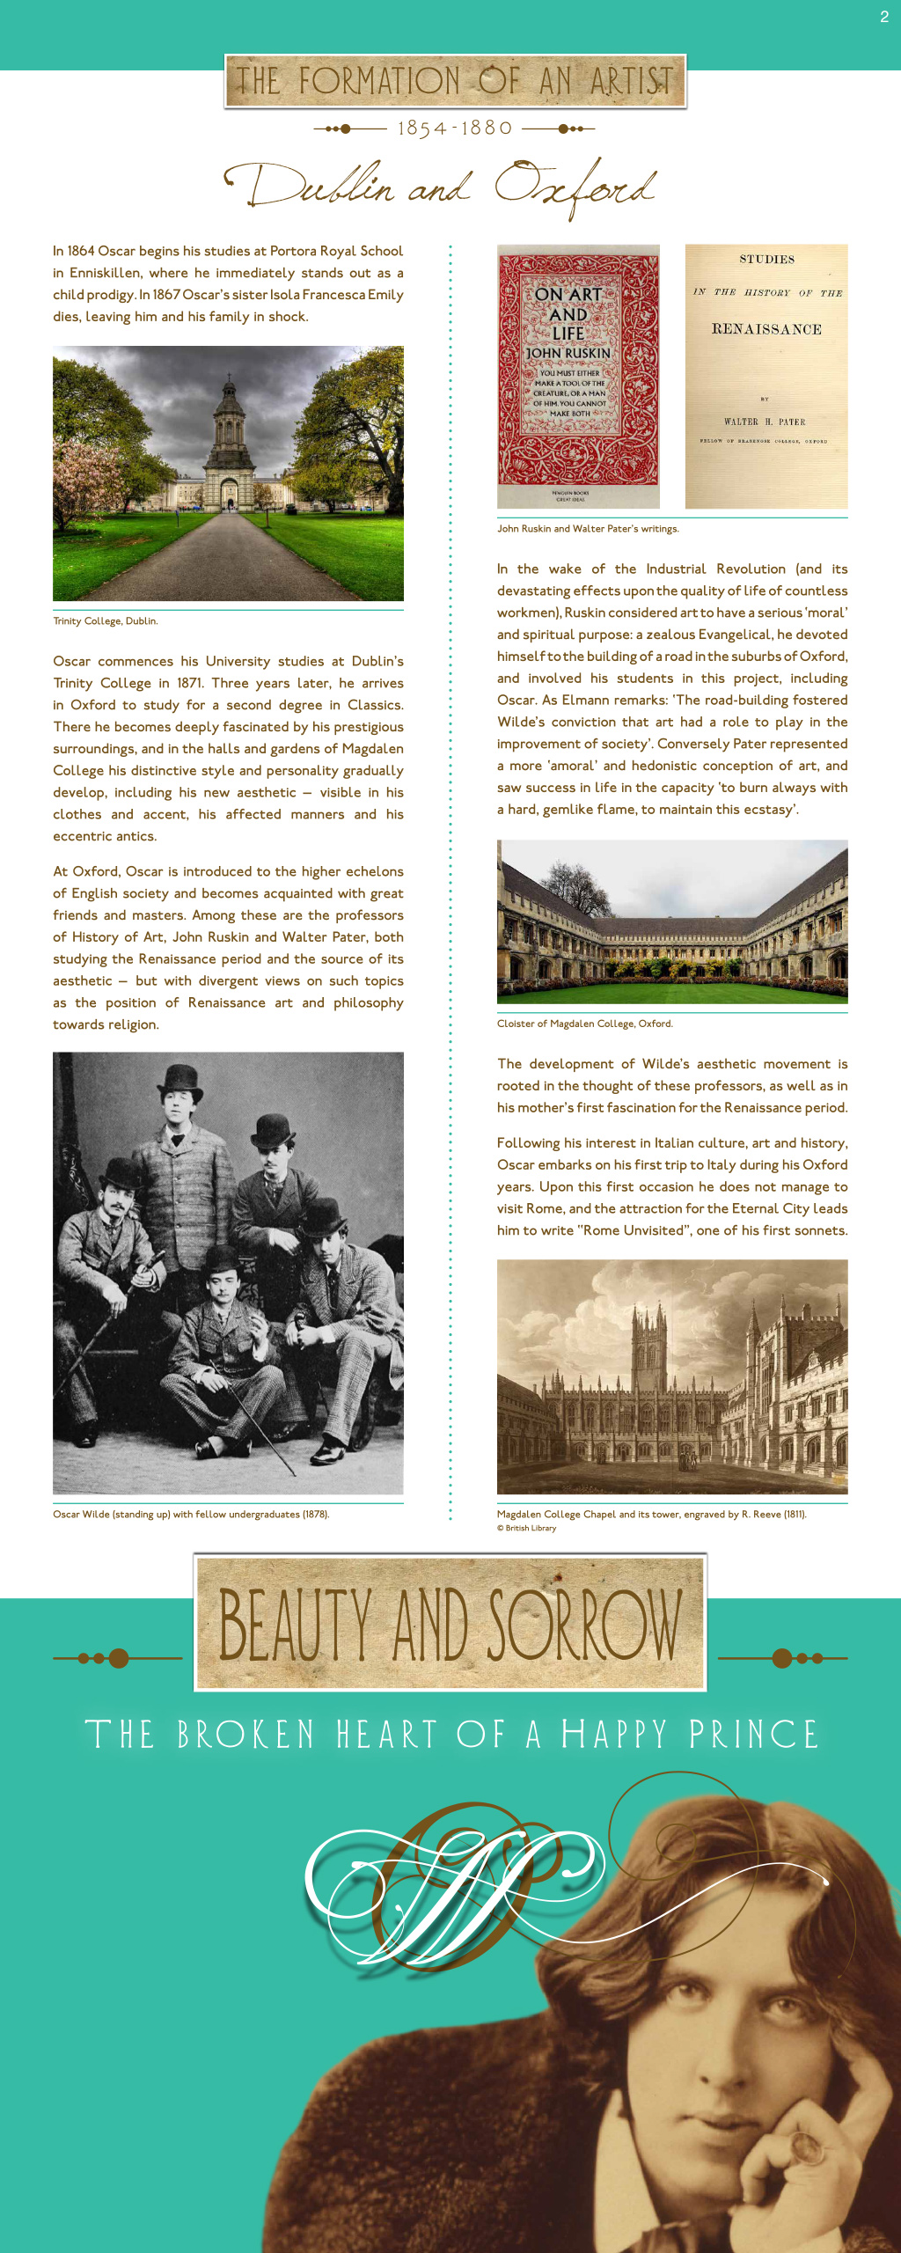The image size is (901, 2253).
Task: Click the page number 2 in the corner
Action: pos(884,17)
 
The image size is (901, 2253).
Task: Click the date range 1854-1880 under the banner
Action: pos(454,128)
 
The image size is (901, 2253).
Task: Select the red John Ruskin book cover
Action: pos(578,376)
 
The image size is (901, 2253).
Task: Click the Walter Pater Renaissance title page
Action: pos(766,376)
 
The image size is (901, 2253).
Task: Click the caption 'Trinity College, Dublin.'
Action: pos(106,621)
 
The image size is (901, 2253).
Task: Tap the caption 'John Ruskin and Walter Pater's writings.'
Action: pos(588,529)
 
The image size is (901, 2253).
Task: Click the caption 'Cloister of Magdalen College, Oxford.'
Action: pos(584,1024)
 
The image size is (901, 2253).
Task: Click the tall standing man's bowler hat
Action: pos(181,1080)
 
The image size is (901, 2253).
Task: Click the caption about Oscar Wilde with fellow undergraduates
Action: pos(191,1515)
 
